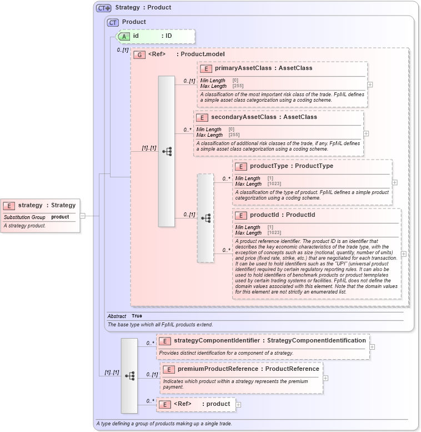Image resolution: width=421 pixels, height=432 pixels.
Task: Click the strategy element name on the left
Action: click(x=30, y=205)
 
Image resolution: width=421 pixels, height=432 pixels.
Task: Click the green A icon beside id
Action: click(x=125, y=36)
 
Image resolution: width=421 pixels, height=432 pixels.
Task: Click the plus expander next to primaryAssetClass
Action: click(x=370, y=85)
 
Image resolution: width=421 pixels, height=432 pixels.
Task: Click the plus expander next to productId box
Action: click(x=403, y=254)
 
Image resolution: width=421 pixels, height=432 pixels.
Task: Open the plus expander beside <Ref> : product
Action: click(x=238, y=405)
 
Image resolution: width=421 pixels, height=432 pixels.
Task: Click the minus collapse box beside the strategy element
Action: click(x=82, y=216)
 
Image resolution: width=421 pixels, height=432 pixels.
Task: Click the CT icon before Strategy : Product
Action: click(x=103, y=8)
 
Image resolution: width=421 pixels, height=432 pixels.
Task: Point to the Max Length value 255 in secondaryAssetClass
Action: click(x=234, y=135)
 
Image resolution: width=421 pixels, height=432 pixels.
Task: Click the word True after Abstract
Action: click(x=137, y=316)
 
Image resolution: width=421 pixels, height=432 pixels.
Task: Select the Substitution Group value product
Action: click(x=60, y=217)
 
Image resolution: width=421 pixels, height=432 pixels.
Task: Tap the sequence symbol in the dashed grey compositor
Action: click(x=206, y=219)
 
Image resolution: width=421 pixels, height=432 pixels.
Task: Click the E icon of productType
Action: click(x=241, y=166)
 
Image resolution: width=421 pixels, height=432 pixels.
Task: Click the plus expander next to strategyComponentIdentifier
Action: click(x=372, y=346)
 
